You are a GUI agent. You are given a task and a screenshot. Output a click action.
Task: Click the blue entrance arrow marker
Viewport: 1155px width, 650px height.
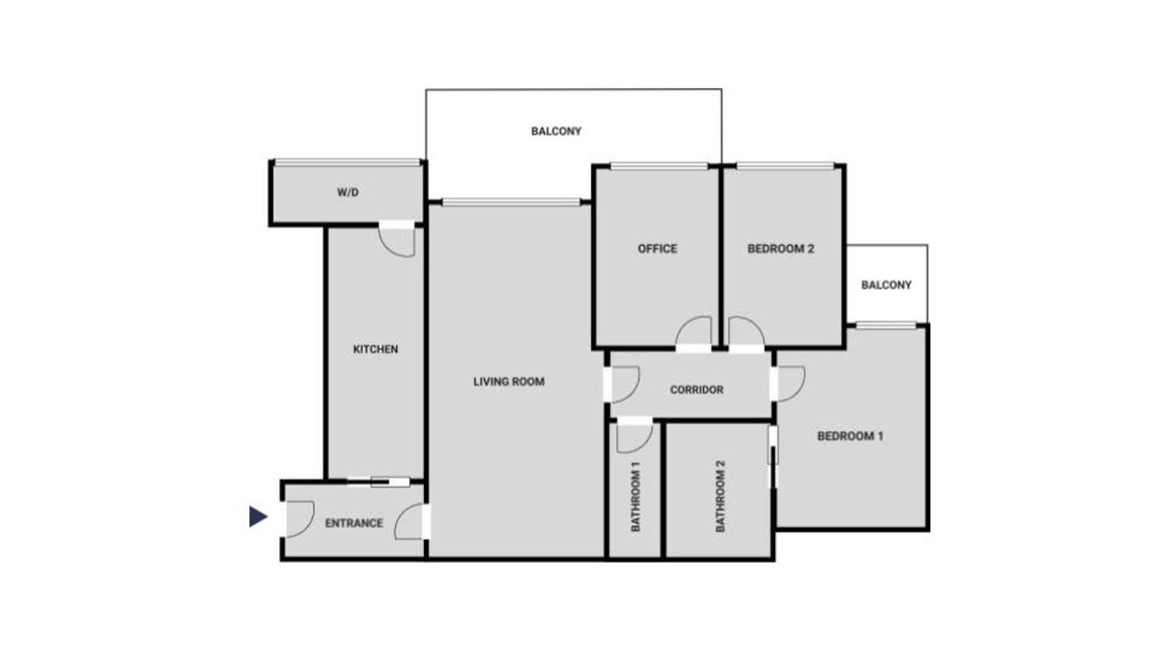tap(258, 516)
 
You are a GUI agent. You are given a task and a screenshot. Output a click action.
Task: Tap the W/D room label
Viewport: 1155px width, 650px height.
tap(348, 192)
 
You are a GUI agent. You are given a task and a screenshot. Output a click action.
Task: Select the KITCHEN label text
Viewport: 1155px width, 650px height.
tap(375, 349)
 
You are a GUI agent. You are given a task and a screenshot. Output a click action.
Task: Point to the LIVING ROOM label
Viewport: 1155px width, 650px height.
tap(509, 382)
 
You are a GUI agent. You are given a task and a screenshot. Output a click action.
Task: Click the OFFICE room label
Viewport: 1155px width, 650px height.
tap(657, 249)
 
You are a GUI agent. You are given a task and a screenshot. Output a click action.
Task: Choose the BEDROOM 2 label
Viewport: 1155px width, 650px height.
tap(780, 249)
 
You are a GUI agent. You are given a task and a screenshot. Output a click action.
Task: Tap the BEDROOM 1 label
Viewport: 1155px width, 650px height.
tap(850, 436)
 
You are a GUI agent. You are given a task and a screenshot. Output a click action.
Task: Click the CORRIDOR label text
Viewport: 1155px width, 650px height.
tap(697, 390)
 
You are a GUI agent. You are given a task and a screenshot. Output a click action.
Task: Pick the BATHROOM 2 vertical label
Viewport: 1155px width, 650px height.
tap(720, 496)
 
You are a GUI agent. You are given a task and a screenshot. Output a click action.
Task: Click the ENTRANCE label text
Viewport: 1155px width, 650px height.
tap(354, 523)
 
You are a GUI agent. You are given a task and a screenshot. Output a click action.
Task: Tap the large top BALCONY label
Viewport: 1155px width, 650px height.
tap(556, 131)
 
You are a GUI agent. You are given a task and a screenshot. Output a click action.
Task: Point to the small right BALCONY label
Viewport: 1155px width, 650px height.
tap(886, 285)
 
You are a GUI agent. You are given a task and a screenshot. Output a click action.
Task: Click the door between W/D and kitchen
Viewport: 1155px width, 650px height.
tap(397, 240)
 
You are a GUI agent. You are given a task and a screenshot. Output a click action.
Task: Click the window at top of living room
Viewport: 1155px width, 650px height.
tap(511, 202)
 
